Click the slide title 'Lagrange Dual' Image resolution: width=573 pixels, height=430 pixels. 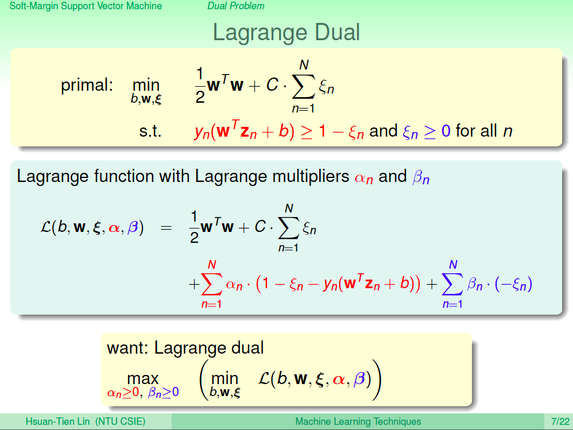pos(286,33)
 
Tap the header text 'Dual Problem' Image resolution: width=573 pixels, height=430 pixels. pos(236,6)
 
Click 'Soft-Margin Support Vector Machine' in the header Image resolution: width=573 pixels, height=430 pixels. pos(86,6)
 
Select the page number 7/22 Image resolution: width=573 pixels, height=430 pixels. pos(560,421)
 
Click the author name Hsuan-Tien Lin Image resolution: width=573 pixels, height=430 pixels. pos(57,421)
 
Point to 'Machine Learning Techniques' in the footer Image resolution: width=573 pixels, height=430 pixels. pos(358,421)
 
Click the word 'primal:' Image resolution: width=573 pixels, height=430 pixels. pos(87,86)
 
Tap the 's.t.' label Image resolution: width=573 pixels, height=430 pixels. pos(150,131)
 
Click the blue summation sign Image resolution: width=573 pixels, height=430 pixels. pos(452,284)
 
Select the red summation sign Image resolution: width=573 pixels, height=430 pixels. pos(212,284)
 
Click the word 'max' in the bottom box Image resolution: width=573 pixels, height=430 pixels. pos(143,379)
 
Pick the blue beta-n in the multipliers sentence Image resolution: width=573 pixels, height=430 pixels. pos(421,177)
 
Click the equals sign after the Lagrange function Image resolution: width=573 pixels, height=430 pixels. pos(166,228)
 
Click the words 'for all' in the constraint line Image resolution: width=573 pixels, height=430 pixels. pos(477,131)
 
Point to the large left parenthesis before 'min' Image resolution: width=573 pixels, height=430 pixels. pos(204,380)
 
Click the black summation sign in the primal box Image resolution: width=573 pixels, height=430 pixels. pos(303,87)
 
